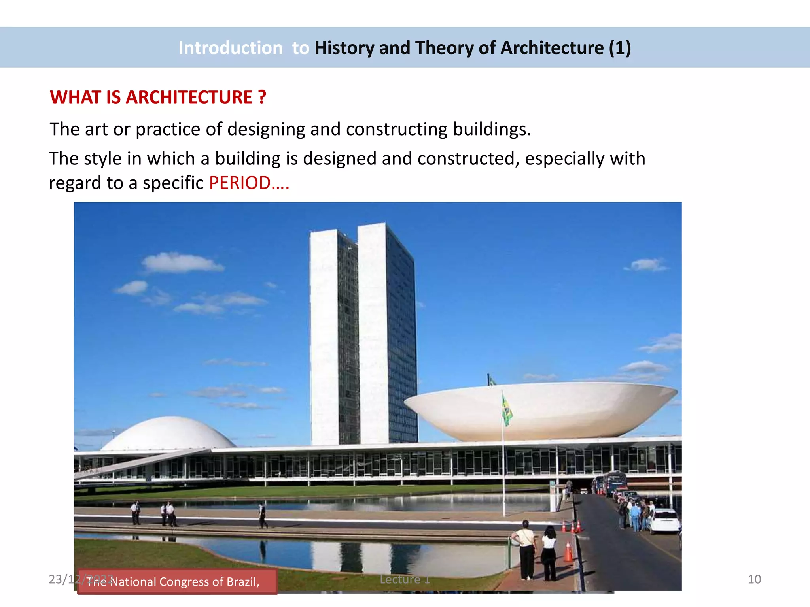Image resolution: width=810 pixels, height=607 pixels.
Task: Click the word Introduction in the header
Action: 230,48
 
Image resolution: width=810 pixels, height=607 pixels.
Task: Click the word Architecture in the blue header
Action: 552,48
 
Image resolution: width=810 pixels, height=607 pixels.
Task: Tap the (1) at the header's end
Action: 620,48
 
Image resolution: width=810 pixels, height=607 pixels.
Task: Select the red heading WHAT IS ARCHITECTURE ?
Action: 158,97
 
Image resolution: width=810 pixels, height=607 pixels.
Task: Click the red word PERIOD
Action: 240,183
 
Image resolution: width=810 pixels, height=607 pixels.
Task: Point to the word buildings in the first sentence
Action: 491,129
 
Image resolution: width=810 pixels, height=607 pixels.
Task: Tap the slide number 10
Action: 754,579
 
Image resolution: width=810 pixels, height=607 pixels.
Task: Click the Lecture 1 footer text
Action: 405,579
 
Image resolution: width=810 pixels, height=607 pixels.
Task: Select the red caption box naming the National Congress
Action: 177,582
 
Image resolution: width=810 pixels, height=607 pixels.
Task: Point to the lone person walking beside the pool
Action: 263,516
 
